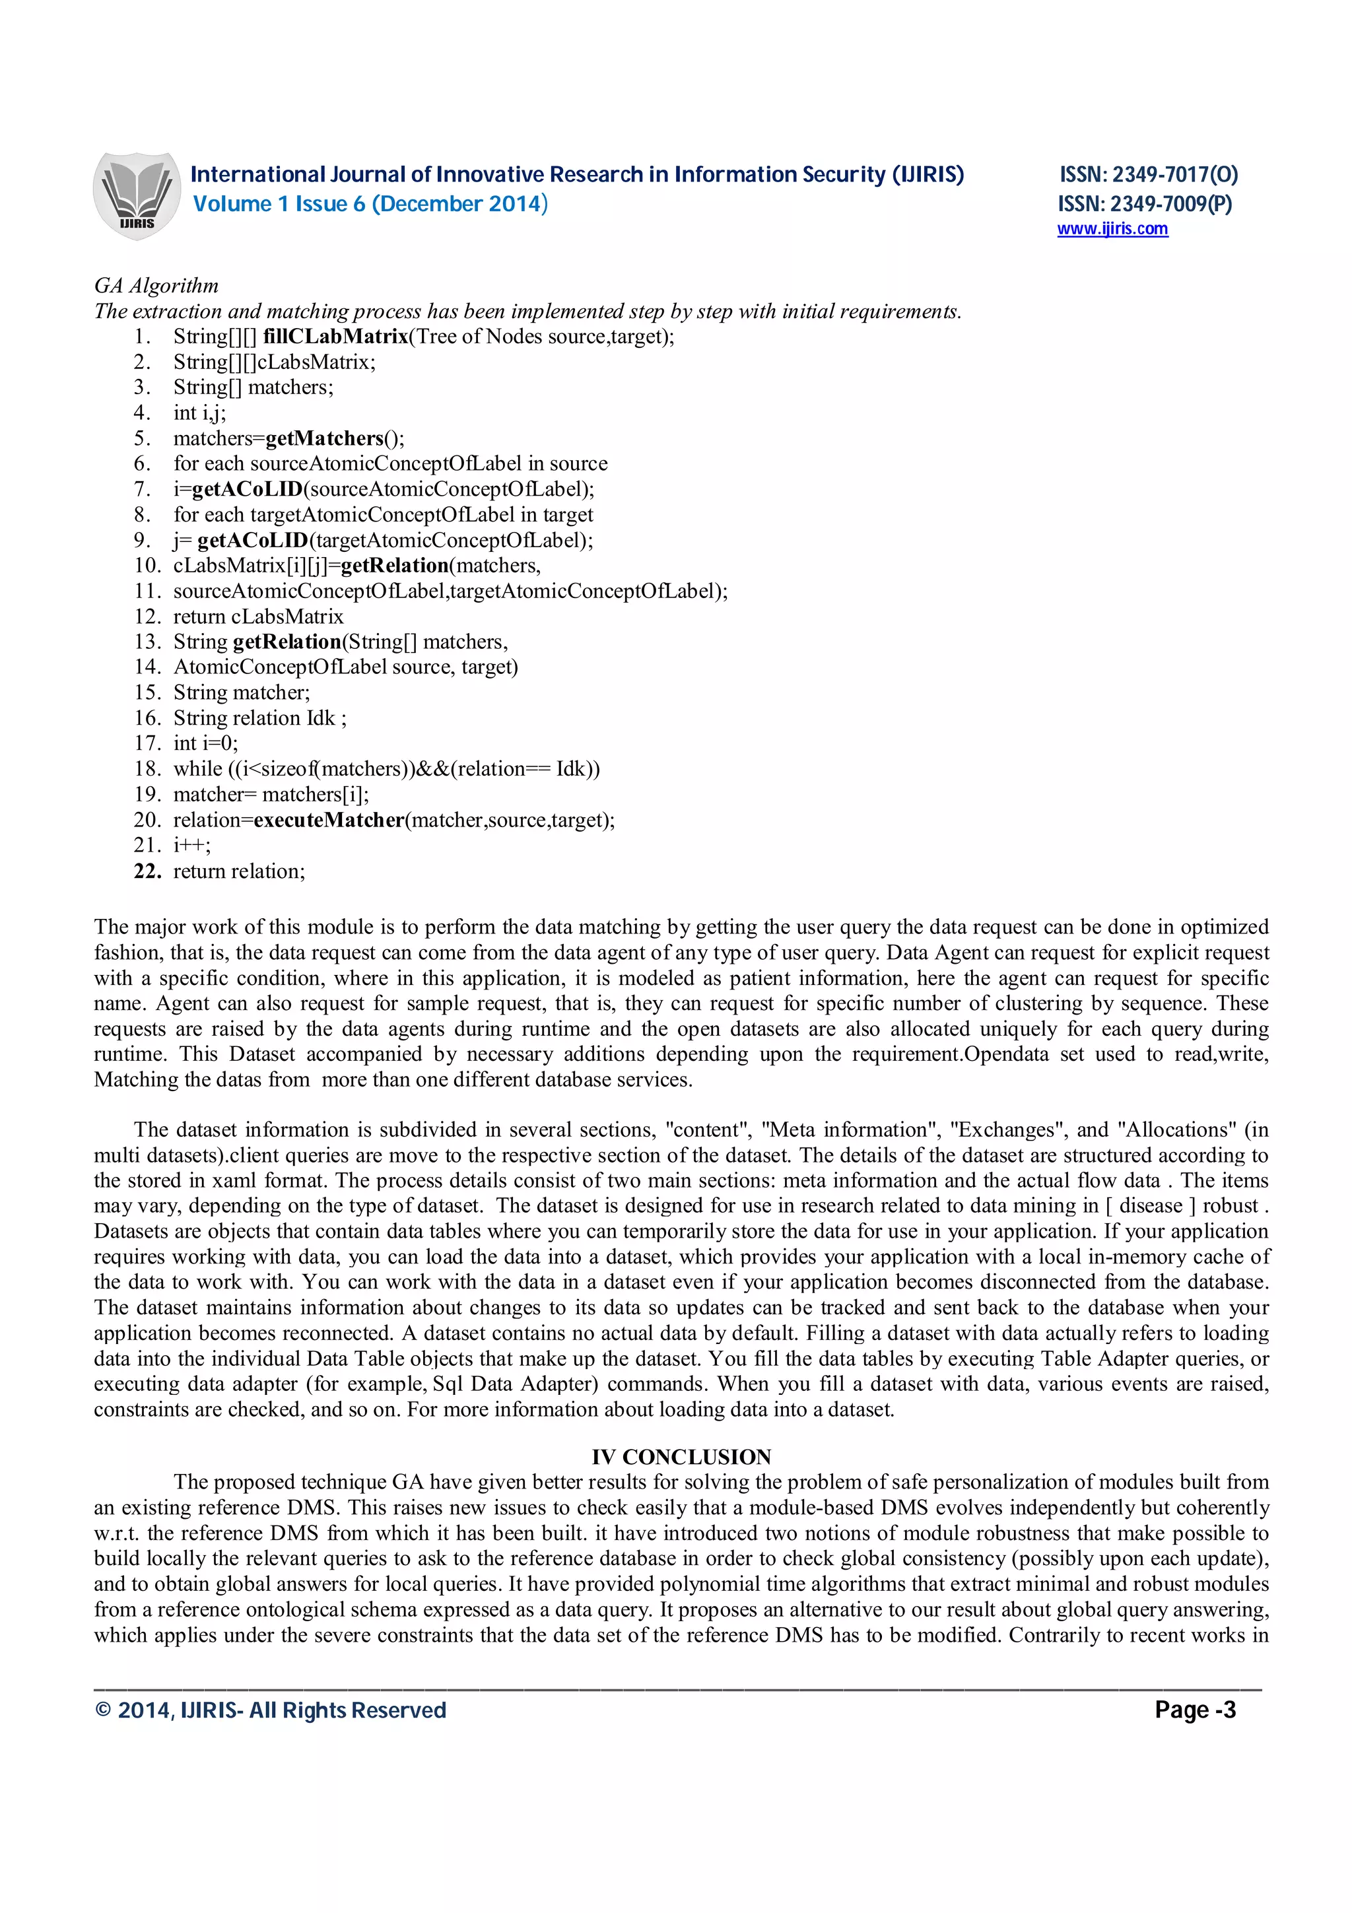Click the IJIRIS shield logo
(x=136, y=196)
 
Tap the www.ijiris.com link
(x=1112, y=229)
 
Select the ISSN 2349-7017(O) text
(x=1148, y=174)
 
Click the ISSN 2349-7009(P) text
(x=1145, y=204)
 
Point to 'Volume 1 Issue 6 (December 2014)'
(x=370, y=204)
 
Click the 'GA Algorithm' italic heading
(x=156, y=286)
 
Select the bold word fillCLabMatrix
(x=335, y=337)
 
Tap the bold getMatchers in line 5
(x=323, y=438)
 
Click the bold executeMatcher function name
(x=329, y=820)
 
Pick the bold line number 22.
(x=147, y=871)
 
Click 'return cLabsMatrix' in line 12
(x=258, y=617)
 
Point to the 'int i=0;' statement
(x=206, y=743)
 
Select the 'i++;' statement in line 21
(x=191, y=846)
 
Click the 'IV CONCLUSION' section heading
(x=681, y=1458)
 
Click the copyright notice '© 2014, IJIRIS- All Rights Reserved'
(x=271, y=1710)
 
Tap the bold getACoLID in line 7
(x=248, y=489)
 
